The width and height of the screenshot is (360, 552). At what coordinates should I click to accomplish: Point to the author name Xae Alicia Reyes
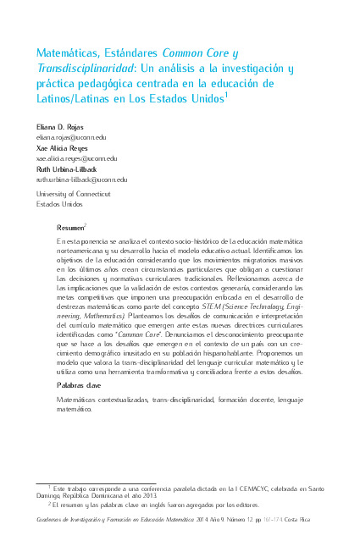click(61, 147)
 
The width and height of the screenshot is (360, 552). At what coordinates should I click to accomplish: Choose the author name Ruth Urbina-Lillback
click(69, 168)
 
